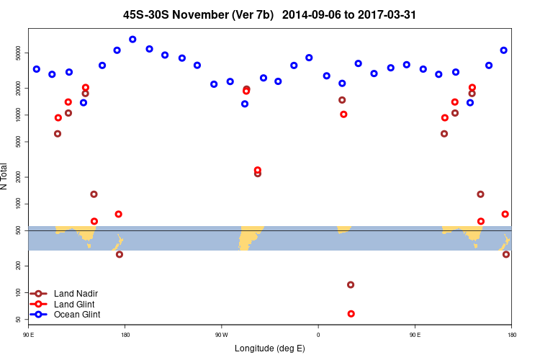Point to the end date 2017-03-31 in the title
click(x=390, y=14)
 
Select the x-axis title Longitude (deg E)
click(x=270, y=348)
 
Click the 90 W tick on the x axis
click(x=221, y=335)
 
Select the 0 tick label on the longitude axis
click(x=318, y=335)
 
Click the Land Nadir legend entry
click(x=76, y=293)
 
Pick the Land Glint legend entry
click(x=74, y=304)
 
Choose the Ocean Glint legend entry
click(x=77, y=315)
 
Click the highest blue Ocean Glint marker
click(x=132, y=39)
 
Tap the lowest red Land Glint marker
click(x=351, y=314)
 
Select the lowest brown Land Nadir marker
click(x=351, y=284)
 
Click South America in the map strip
click(x=251, y=236)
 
